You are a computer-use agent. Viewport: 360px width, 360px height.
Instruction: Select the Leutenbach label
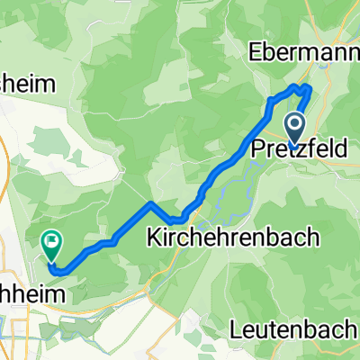tap(302, 329)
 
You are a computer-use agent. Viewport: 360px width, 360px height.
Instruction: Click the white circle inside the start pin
tap(295, 124)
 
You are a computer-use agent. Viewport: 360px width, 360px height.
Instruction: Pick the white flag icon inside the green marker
tap(50, 240)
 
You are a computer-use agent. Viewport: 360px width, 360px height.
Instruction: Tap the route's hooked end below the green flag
tap(54, 268)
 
